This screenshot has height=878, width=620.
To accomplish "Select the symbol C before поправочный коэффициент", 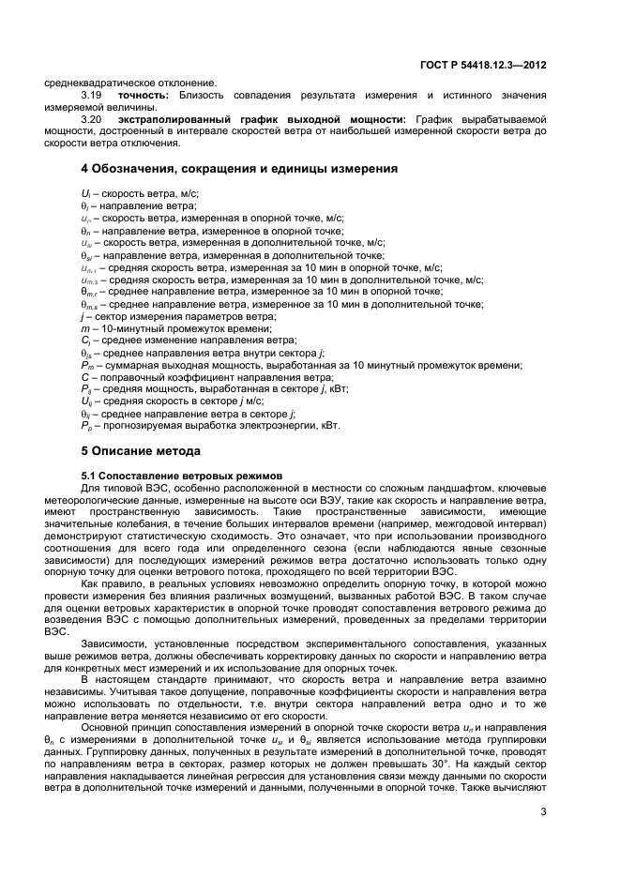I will pyautogui.click(x=84, y=377).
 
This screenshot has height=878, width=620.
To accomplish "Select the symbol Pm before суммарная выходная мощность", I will pyautogui.click(x=86, y=365).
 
